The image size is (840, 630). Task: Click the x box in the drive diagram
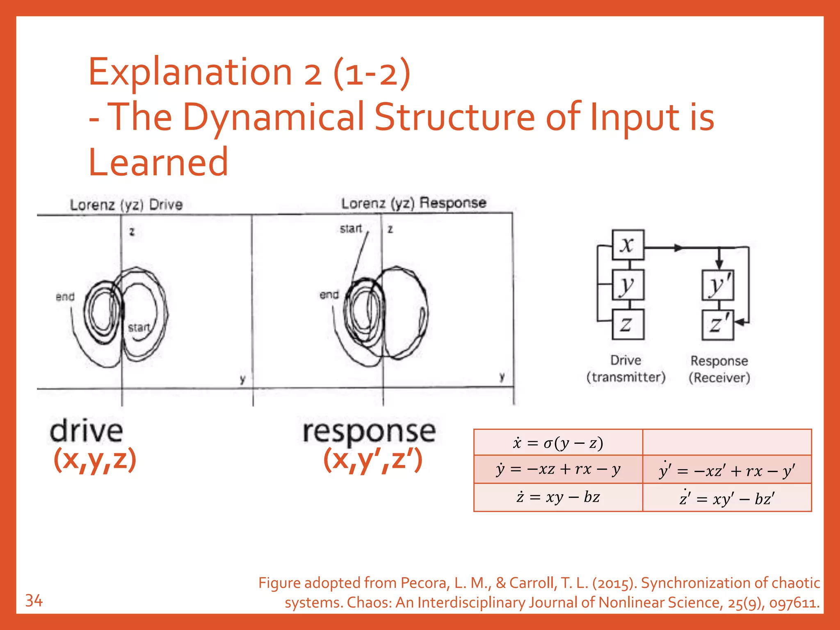tap(628, 245)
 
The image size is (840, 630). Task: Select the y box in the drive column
tap(628, 285)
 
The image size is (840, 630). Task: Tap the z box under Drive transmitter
tap(628, 324)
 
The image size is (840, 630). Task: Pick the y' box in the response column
tap(718, 285)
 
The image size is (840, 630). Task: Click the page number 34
tap(34, 601)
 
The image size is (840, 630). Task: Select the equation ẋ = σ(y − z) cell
tap(558, 443)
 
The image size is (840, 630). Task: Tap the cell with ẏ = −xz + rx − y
tap(558, 469)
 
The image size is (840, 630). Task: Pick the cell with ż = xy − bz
tap(558, 497)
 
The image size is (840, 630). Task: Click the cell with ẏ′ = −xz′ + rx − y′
tap(727, 470)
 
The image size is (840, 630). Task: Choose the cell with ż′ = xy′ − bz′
tap(727, 498)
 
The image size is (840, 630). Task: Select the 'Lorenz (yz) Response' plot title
tap(413, 203)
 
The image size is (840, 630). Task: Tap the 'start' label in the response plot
tap(351, 228)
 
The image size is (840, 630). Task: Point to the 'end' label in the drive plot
tap(65, 297)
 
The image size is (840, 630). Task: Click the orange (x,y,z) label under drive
tap(95, 459)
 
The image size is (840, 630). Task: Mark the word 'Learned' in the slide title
tap(158, 162)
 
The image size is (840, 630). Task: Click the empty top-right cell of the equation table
tap(727, 443)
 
